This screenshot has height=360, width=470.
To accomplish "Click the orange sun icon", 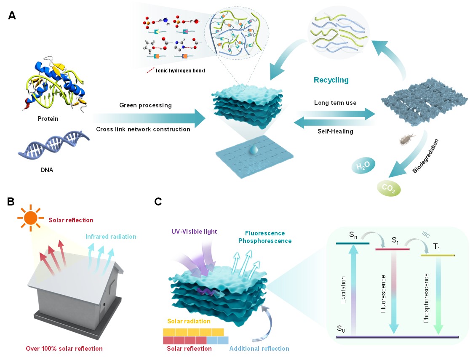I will (31, 218).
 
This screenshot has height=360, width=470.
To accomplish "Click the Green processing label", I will (145, 105).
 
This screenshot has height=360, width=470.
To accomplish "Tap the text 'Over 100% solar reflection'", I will (64, 349).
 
